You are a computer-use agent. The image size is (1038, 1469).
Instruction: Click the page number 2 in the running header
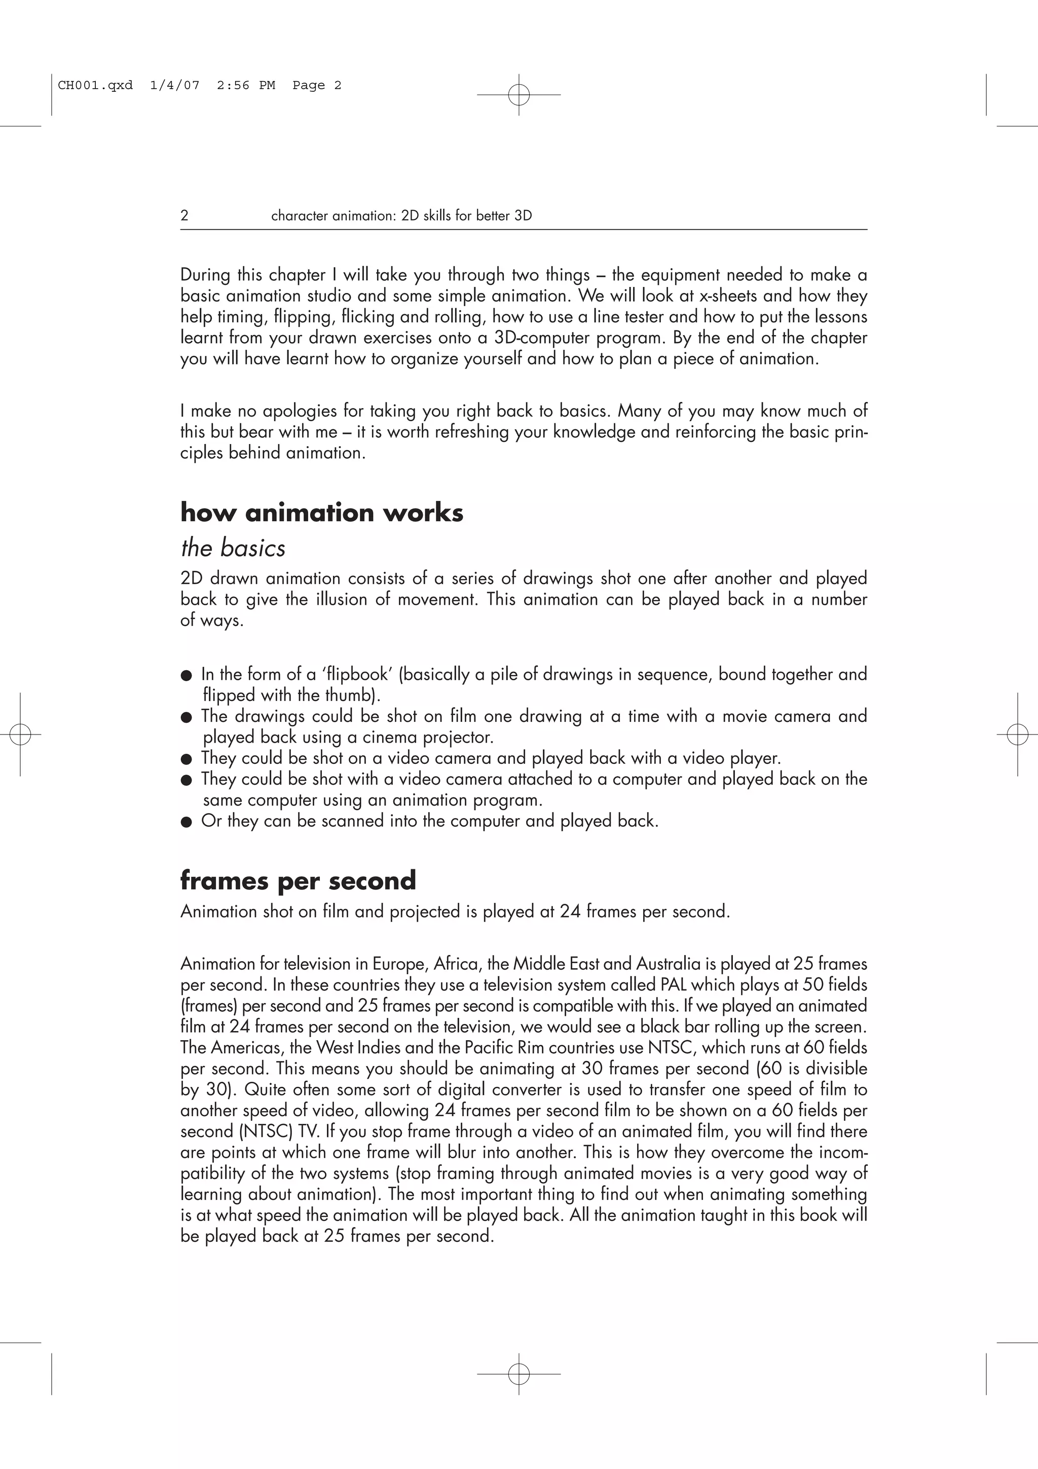pyautogui.click(x=184, y=215)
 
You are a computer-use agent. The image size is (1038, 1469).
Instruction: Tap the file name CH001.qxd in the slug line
pyautogui.click(x=95, y=85)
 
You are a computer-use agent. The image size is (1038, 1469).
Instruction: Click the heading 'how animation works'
pyautogui.click(x=322, y=512)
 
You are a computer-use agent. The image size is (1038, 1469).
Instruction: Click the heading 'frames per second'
pyautogui.click(x=298, y=880)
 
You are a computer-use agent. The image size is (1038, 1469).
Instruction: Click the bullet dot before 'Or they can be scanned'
pyautogui.click(x=186, y=822)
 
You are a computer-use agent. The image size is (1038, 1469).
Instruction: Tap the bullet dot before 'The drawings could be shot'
pyautogui.click(x=186, y=717)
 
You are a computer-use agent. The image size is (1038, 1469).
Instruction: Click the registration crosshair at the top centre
pyautogui.click(x=518, y=95)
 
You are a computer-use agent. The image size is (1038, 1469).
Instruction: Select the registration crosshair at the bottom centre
pyautogui.click(x=518, y=1374)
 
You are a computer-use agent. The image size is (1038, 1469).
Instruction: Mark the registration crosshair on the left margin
pyautogui.click(x=20, y=734)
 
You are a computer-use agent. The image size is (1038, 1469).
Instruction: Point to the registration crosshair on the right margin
pyautogui.click(x=1017, y=734)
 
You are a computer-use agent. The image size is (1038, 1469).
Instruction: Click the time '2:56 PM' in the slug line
pyautogui.click(x=246, y=85)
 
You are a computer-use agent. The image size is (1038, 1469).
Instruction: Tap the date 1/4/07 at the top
pyautogui.click(x=174, y=85)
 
